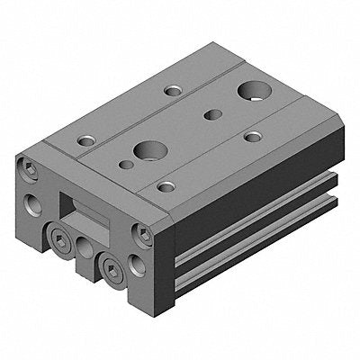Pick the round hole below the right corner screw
[x=136, y=265]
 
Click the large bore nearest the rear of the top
[x=250, y=92]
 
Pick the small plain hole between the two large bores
[x=212, y=113]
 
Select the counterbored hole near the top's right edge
[x=254, y=137]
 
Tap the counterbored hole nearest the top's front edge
[x=166, y=187]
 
